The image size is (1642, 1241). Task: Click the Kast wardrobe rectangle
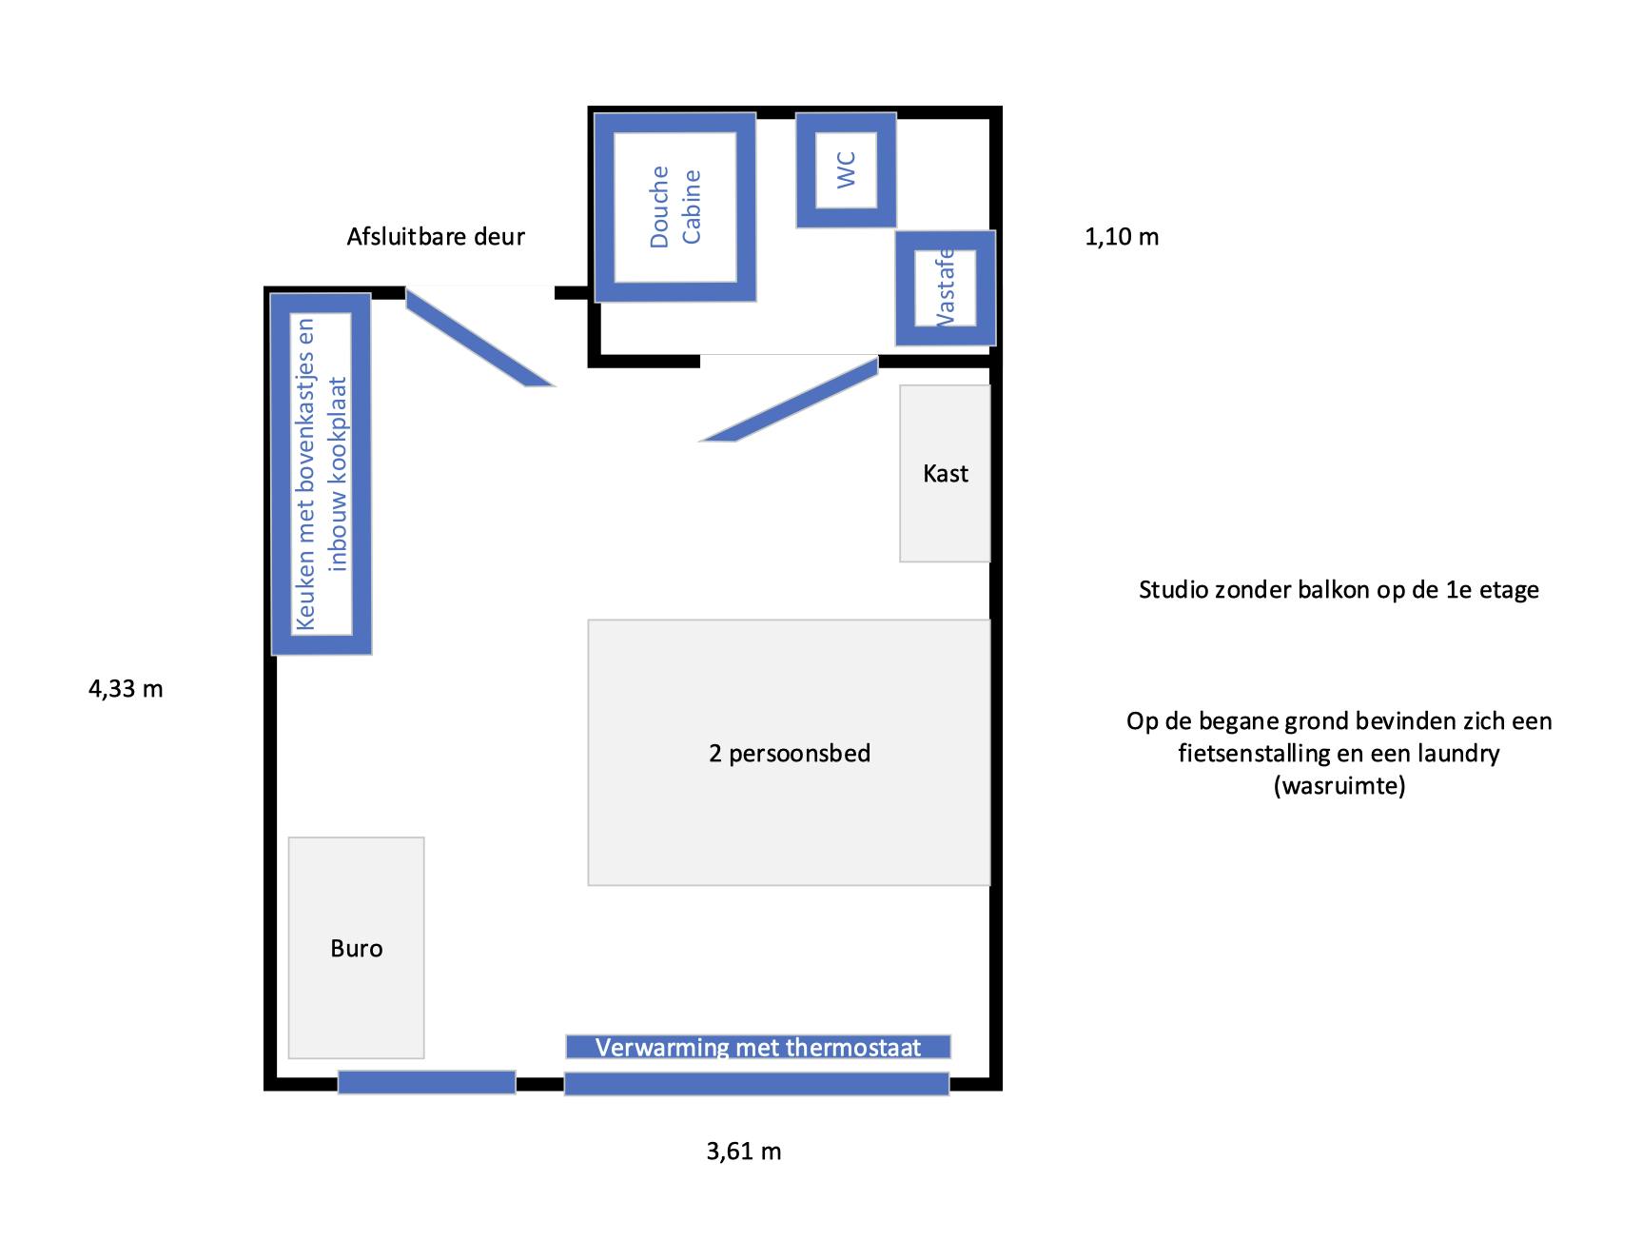pos(945,473)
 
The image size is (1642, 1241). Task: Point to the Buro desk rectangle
pos(356,948)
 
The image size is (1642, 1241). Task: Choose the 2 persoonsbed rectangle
pos(789,753)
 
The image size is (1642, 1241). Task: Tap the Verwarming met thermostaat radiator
pos(758,1047)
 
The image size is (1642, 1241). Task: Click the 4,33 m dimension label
pos(126,689)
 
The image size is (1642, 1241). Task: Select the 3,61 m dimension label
pos(744,1152)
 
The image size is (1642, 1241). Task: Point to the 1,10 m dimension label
pos(1122,237)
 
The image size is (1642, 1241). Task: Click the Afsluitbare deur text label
pos(436,236)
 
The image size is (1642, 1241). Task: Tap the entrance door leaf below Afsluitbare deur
pos(479,338)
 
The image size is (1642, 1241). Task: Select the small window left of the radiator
pos(427,1082)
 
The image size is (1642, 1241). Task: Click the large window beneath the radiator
pos(757,1084)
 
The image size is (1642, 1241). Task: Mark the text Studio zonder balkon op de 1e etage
pos(1339,590)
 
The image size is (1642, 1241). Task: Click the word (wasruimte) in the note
pos(1339,786)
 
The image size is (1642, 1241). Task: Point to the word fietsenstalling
pos(1255,754)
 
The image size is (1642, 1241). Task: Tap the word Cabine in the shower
pos(692,207)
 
